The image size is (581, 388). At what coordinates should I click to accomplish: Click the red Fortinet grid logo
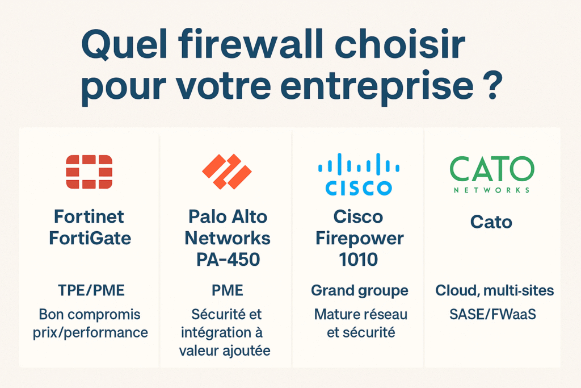(89, 172)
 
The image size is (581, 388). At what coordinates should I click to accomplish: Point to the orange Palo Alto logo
(226, 172)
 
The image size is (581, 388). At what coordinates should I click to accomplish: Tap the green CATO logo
(491, 169)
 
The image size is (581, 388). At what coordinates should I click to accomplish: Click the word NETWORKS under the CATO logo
(491, 190)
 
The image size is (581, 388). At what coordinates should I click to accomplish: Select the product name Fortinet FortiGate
(90, 227)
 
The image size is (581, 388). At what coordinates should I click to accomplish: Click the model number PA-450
(228, 260)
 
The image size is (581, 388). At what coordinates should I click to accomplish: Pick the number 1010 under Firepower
(358, 260)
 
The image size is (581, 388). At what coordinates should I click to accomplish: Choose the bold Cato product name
(491, 222)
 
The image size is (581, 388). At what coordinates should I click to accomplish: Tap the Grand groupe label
(359, 291)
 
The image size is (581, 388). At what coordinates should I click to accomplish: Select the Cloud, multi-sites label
(494, 291)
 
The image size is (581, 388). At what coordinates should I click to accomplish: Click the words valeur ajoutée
(225, 351)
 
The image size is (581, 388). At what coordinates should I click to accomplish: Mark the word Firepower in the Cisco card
(359, 237)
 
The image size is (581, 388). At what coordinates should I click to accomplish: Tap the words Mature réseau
(359, 314)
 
